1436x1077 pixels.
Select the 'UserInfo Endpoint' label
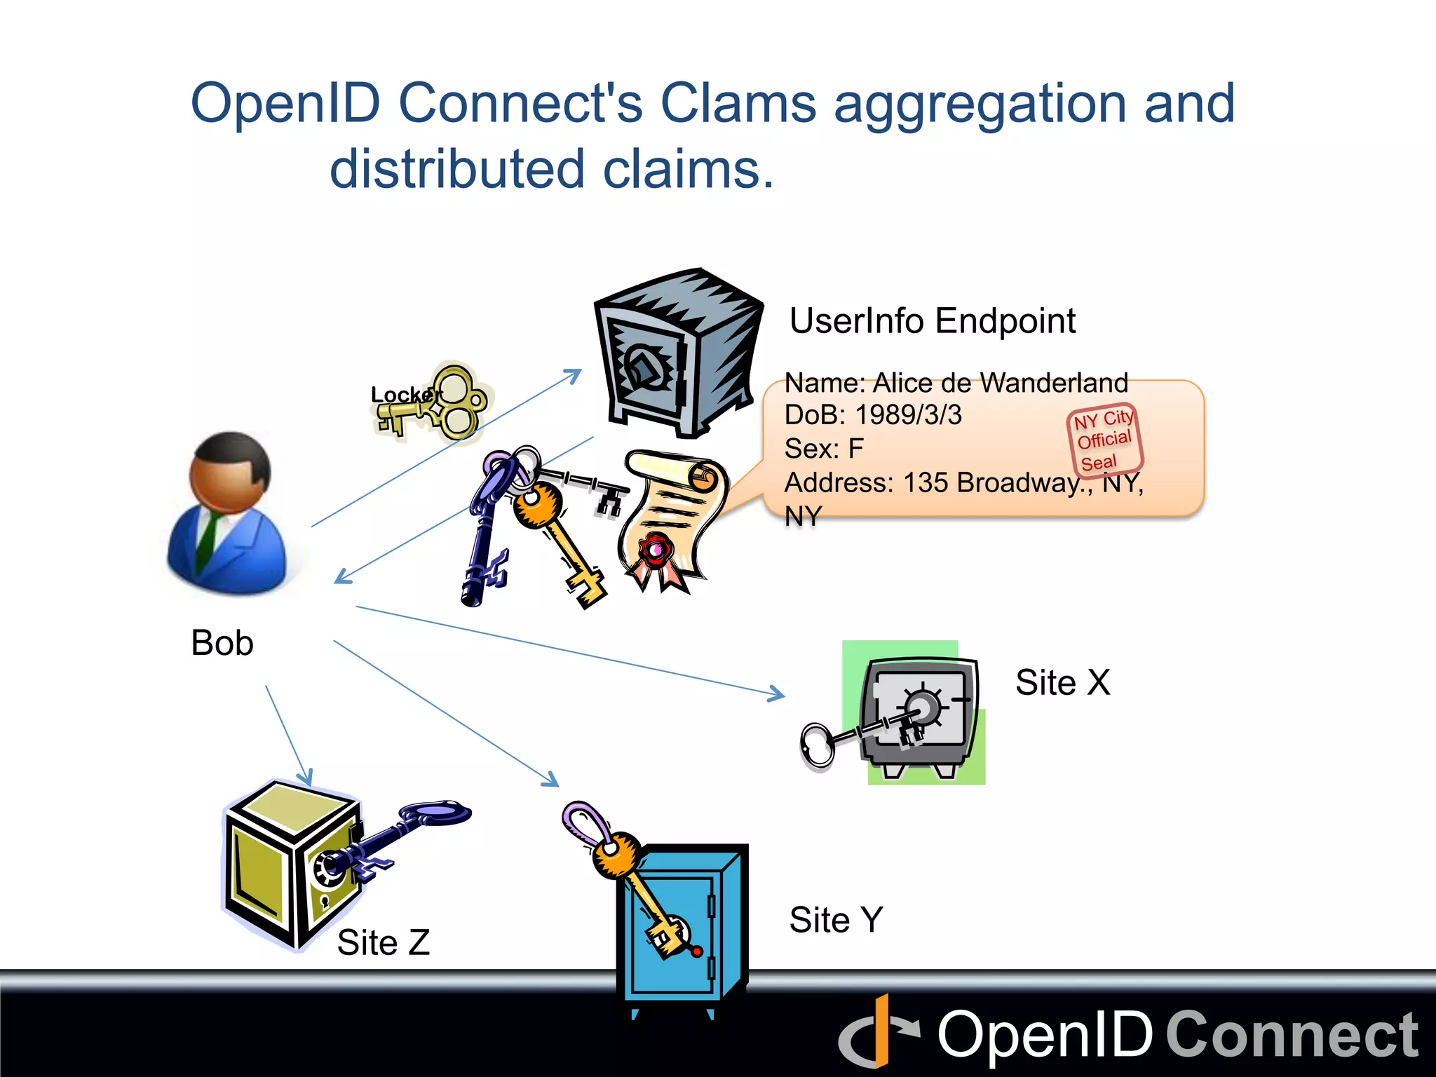pos(932,321)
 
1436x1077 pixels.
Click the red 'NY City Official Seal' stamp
pos(1105,440)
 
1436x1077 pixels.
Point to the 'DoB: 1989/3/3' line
pos(873,415)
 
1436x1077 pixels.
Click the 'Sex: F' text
pos(824,449)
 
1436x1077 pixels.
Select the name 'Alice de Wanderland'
pos(1000,384)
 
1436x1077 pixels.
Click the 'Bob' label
pos(222,643)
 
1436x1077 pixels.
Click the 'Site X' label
pos(1062,682)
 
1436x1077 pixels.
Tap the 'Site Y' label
pos(836,920)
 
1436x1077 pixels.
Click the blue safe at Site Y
pos(680,926)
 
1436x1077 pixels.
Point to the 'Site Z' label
pos(383,942)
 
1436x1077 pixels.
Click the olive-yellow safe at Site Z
pos(287,862)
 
